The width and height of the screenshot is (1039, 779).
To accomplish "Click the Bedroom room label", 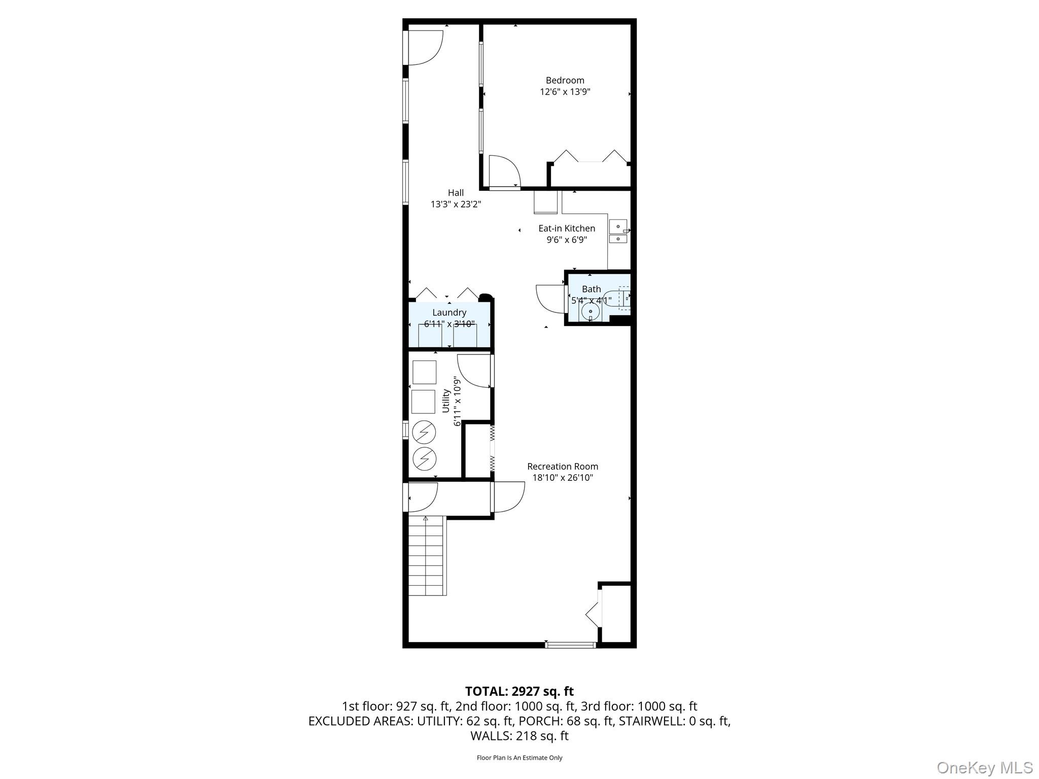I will (x=565, y=80).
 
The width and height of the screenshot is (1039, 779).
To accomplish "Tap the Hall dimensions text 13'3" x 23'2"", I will (x=456, y=204).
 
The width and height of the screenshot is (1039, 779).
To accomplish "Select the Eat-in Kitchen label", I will (x=567, y=228).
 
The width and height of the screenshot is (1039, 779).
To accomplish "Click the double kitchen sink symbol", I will (x=618, y=232).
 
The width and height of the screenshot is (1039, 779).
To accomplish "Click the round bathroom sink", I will (x=591, y=312).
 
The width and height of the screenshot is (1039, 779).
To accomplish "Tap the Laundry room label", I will (x=449, y=312).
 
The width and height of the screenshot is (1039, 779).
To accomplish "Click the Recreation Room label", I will (x=563, y=466).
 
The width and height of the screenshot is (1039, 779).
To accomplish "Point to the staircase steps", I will (x=427, y=555).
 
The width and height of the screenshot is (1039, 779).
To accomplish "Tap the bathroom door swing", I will (x=550, y=299).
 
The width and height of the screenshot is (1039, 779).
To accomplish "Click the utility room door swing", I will (x=474, y=370).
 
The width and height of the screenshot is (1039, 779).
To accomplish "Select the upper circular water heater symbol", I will (x=424, y=432).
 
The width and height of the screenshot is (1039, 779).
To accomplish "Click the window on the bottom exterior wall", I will (x=570, y=645).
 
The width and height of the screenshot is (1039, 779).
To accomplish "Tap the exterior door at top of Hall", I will (x=424, y=48).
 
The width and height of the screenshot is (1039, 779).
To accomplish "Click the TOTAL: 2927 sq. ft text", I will (x=519, y=691).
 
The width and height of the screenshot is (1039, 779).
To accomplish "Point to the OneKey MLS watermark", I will (x=984, y=767).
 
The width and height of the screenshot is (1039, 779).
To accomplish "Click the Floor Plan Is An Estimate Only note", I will (x=519, y=758).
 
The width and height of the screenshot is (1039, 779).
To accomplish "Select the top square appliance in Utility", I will (x=424, y=372).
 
